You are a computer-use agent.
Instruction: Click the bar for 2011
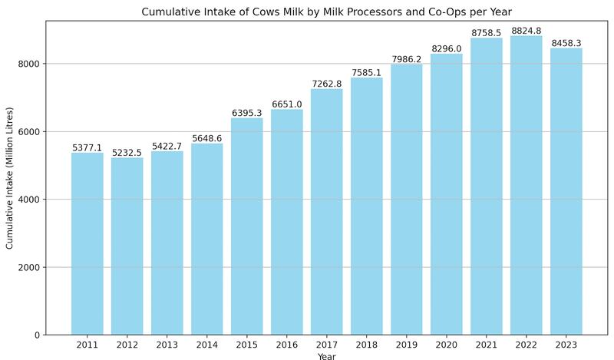point(87,243)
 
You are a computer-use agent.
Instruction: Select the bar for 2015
point(247,226)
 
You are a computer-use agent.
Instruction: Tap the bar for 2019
point(407,200)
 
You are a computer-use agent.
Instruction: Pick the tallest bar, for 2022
point(527,185)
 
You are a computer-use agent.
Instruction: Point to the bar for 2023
point(566,191)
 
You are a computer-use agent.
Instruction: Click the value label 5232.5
point(127,153)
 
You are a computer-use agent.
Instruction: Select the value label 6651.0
point(287,104)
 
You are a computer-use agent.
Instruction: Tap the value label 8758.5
point(487,34)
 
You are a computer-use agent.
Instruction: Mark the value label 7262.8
point(327,84)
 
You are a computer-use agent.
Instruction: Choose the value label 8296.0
point(447,49)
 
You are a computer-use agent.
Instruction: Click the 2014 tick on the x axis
point(207,345)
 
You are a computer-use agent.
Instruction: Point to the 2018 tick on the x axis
point(367,345)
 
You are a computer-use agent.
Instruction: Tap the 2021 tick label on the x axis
point(487,345)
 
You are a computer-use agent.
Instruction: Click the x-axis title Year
point(327,355)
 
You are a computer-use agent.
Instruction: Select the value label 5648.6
point(207,138)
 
